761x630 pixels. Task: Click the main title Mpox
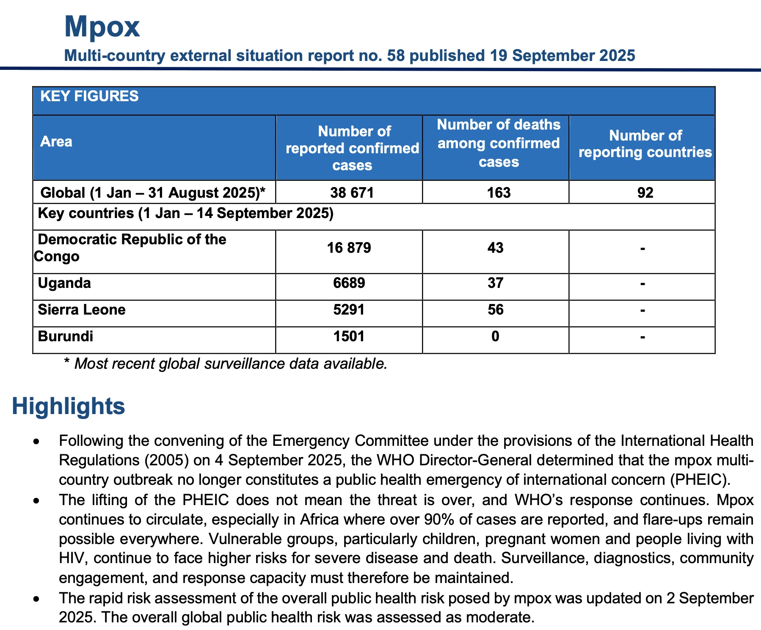[x=102, y=27]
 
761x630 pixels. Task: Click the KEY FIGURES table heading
[x=89, y=97]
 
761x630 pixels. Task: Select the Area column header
[x=56, y=141]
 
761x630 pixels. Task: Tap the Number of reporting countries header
[x=645, y=144]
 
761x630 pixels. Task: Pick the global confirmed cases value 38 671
[x=352, y=193]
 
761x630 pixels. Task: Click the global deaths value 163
[x=499, y=193]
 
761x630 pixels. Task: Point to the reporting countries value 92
[x=645, y=193]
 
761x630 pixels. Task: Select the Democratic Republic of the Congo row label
[x=132, y=248]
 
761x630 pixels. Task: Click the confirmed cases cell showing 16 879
[x=349, y=248]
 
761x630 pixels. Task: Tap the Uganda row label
[x=64, y=283]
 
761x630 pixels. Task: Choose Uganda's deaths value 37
[x=495, y=283]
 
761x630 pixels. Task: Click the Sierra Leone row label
[x=82, y=310]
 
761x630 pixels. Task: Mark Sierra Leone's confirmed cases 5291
[x=349, y=310]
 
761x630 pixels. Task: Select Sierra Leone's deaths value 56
[x=495, y=310]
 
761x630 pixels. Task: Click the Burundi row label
[x=66, y=337]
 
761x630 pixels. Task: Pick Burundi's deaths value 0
[x=495, y=337]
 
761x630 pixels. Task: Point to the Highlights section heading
[x=69, y=406]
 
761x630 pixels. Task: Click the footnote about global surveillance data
[x=225, y=364]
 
